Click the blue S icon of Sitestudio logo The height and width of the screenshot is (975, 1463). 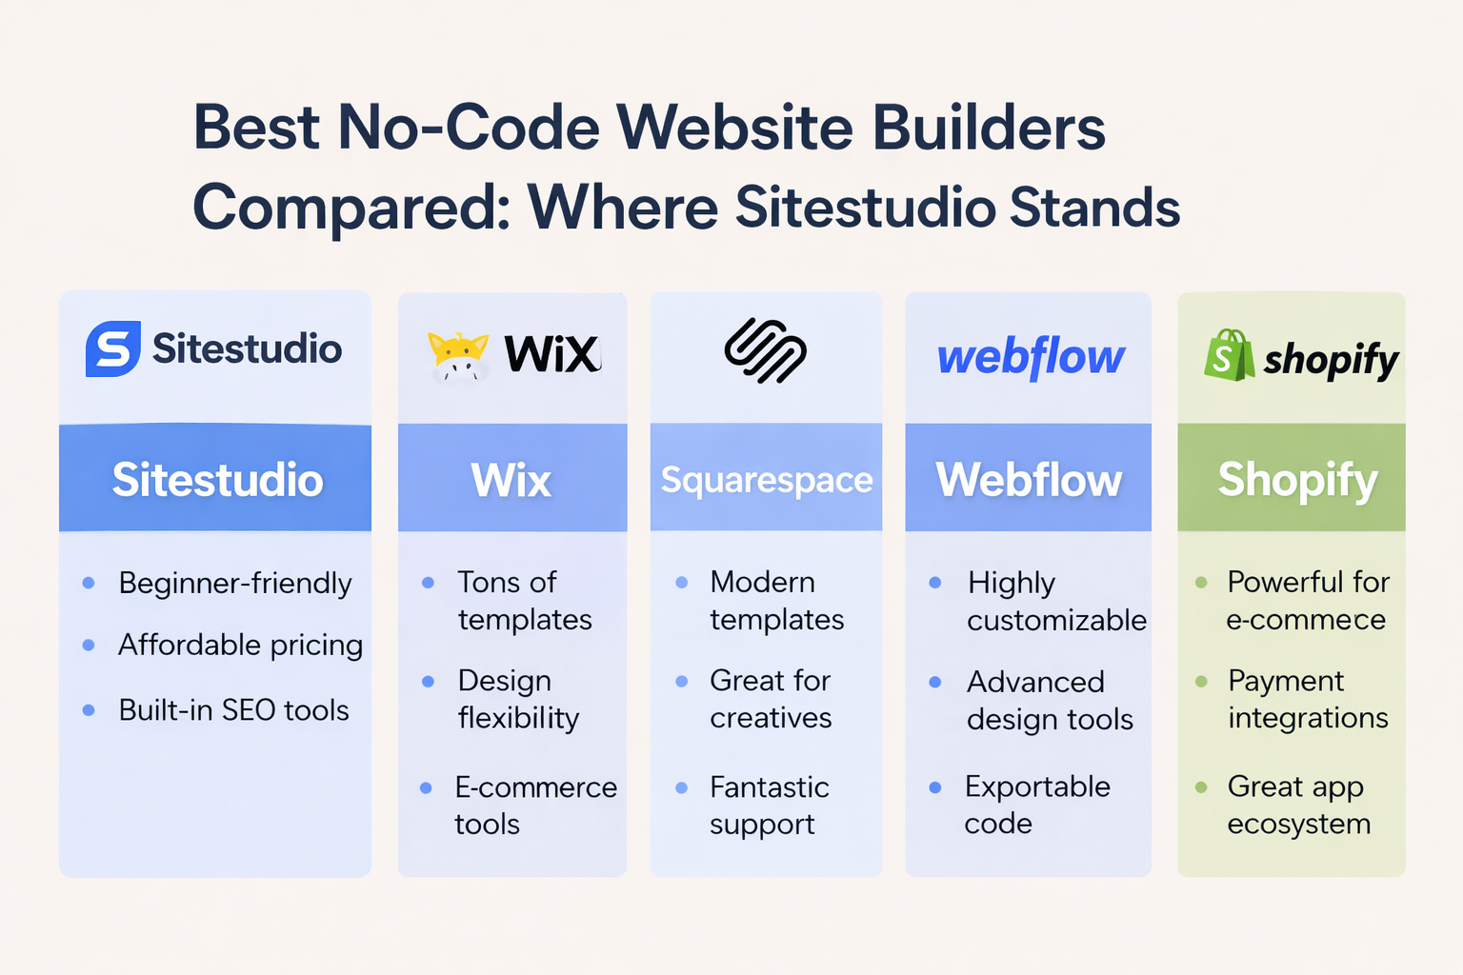113,348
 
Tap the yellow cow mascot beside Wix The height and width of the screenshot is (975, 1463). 458,356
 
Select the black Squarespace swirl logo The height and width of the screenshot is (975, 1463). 766,350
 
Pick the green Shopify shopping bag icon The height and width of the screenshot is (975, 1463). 1230,355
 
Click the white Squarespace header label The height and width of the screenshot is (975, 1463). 767,480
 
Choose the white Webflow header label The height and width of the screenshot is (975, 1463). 1029,480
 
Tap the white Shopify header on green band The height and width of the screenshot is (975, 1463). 1298,481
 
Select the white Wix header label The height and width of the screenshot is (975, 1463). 511,480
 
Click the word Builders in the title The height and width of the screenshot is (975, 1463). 988,128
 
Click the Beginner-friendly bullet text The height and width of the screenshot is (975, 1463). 235,583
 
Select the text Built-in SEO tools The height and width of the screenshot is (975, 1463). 233,710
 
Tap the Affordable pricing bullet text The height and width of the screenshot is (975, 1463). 240,646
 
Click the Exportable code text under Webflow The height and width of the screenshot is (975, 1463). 1038,805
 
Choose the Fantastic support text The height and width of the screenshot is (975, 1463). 770,806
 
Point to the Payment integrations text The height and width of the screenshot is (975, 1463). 1308,700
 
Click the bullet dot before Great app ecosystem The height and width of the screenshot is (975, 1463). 1201,786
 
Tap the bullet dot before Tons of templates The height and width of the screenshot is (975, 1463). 429,583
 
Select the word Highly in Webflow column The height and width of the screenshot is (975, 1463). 1011,584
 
